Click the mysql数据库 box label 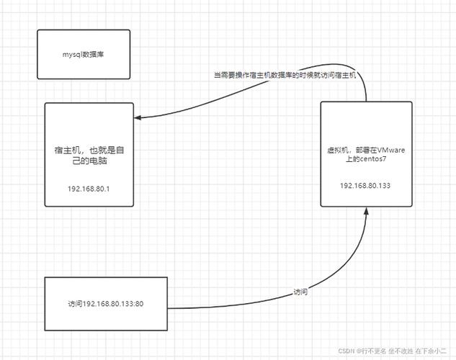point(83,54)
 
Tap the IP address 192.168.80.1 point(89,189)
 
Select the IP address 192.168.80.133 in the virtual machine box point(365,186)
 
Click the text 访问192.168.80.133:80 point(106,304)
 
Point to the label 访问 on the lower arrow point(300,292)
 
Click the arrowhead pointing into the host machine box point(138,117)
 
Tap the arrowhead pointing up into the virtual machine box point(367,211)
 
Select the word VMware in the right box point(391,150)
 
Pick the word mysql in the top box point(73,55)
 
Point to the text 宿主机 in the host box point(65,150)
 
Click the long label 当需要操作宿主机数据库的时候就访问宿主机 point(285,76)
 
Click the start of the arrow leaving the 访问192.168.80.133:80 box point(168,308)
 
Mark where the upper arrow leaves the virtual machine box point(366,102)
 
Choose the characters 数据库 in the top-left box point(94,54)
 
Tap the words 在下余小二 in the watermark point(431,351)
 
